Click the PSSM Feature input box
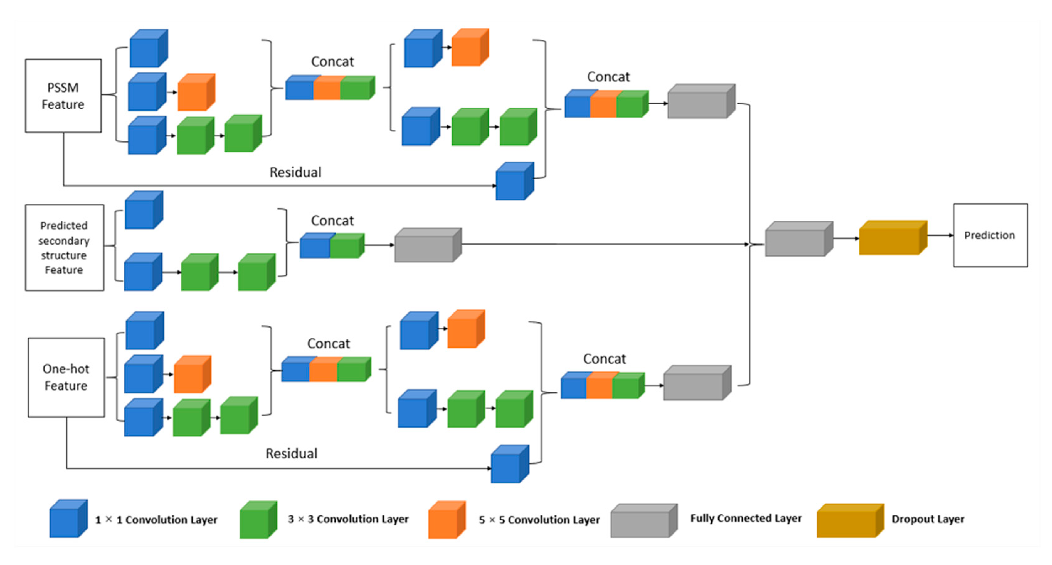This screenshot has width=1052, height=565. [63, 96]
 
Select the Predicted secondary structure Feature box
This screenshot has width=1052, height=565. [65, 248]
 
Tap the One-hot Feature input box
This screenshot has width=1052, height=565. [66, 377]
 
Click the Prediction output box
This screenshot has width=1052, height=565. [990, 235]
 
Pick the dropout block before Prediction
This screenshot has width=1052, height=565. [893, 238]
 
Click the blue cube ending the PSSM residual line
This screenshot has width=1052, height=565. [515, 181]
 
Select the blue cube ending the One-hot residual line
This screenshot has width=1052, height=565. [510, 464]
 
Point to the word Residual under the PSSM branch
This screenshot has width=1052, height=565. [295, 172]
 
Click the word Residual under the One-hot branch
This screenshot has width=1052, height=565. [291, 453]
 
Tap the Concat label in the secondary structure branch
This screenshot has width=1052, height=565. [332, 221]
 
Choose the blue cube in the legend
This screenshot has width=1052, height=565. [69, 519]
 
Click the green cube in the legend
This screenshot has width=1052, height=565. [258, 520]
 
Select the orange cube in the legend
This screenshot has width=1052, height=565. [447, 520]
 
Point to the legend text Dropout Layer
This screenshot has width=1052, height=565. [928, 519]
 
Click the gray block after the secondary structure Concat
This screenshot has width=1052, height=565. [428, 245]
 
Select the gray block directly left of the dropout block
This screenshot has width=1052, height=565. [799, 239]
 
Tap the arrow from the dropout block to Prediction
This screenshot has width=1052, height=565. [940, 235]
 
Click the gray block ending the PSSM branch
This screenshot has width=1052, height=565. [701, 101]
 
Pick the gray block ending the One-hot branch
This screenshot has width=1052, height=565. [697, 382]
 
